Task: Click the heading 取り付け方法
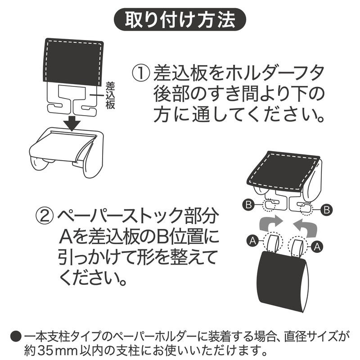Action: [x=180, y=19]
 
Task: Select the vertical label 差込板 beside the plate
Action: [x=110, y=95]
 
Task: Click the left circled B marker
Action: [x=248, y=204]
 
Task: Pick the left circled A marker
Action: [x=252, y=241]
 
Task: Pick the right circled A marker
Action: [x=317, y=247]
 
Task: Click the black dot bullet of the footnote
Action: [x=16, y=336]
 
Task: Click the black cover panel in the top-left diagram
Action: [x=73, y=62]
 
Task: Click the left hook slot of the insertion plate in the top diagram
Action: [x=55, y=108]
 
